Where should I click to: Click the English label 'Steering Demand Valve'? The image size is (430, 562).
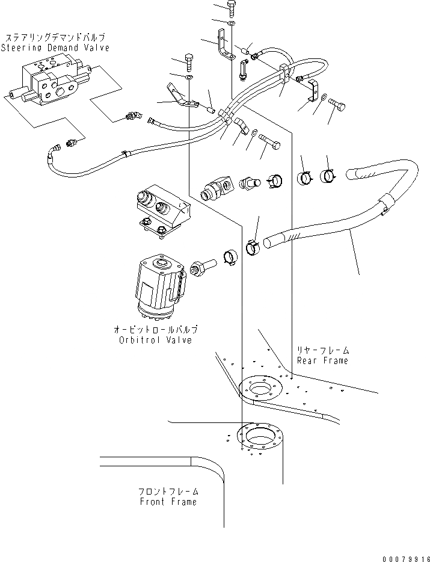[x=55, y=48]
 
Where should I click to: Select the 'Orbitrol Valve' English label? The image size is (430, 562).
[x=156, y=340]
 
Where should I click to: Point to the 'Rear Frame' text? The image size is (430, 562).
[x=322, y=360]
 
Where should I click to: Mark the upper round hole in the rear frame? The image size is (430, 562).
[x=259, y=389]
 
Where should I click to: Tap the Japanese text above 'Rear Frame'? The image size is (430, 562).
[x=322, y=350]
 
